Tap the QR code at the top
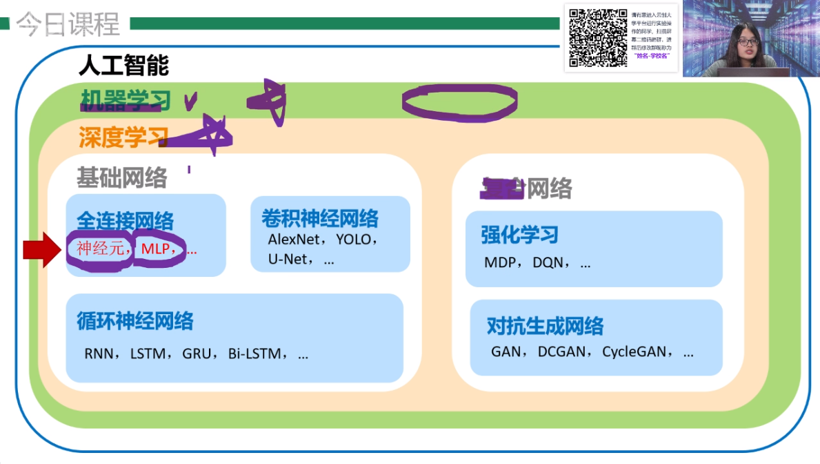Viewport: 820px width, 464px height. [597, 37]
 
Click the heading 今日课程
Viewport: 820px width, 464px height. [68, 24]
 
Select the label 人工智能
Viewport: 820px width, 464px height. [123, 66]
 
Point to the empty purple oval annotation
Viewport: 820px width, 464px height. [459, 102]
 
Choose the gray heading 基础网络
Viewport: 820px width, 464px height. [121, 178]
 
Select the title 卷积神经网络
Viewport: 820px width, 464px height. [319, 219]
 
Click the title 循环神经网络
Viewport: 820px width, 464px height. [135, 321]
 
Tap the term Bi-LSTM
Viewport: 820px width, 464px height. [254, 354]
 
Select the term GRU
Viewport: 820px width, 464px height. [196, 354]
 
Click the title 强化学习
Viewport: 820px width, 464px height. [519, 235]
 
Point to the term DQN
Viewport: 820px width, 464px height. [548, 263]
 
